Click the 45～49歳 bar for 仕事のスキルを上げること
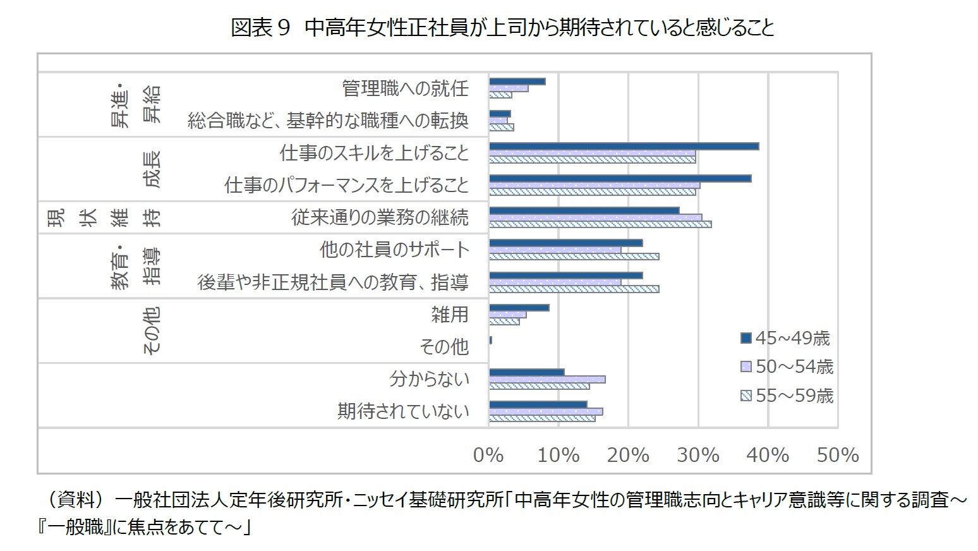[x=624, y=146]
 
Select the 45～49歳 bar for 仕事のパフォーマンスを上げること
[x=620, y=178]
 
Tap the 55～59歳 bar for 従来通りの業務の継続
[x=600, y=224]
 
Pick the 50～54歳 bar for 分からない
[x=547, y=379]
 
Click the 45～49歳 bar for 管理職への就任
[x=517, y=82]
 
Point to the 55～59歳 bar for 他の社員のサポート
[x=574, y=257]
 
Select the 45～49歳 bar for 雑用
[x=519, y=308]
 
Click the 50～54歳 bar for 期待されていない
[x=546, y=411]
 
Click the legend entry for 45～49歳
[x=785, y=339]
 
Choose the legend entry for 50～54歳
[x=787, y=367]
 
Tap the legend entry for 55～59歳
[x=787, y=396]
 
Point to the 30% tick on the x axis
[x=698, y=455]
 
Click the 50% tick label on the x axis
[x=838, y=455]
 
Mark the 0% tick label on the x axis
[x=488, y=455]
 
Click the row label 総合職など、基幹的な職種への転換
[x=328, y=121]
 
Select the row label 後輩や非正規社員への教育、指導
[x=333, y=282]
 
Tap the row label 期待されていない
[x=403, y=411]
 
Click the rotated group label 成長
[x=152, y=169]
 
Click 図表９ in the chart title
[x=260, y=28]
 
